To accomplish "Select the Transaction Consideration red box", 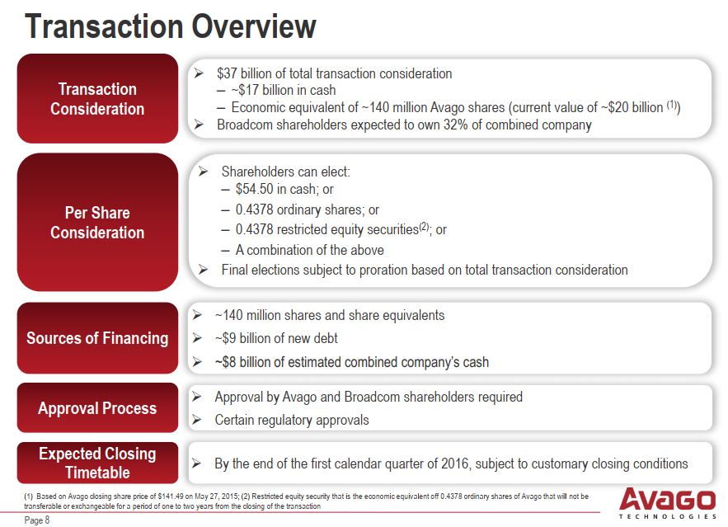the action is pos(97,98).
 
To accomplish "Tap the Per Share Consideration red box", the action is pos(97,223).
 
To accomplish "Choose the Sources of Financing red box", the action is pos(97,338).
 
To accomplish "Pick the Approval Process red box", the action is pos(97,407).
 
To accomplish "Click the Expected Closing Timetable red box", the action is pos(97,463).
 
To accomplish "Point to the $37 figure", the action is pos(227,73).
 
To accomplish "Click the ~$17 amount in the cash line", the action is pos(245,90).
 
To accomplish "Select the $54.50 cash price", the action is pos(255,189).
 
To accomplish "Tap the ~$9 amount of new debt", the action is pos(226,338).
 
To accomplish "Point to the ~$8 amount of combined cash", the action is pos(226,362).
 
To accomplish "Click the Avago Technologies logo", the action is pos(668,503).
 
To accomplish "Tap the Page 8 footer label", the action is pos(36,520).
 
